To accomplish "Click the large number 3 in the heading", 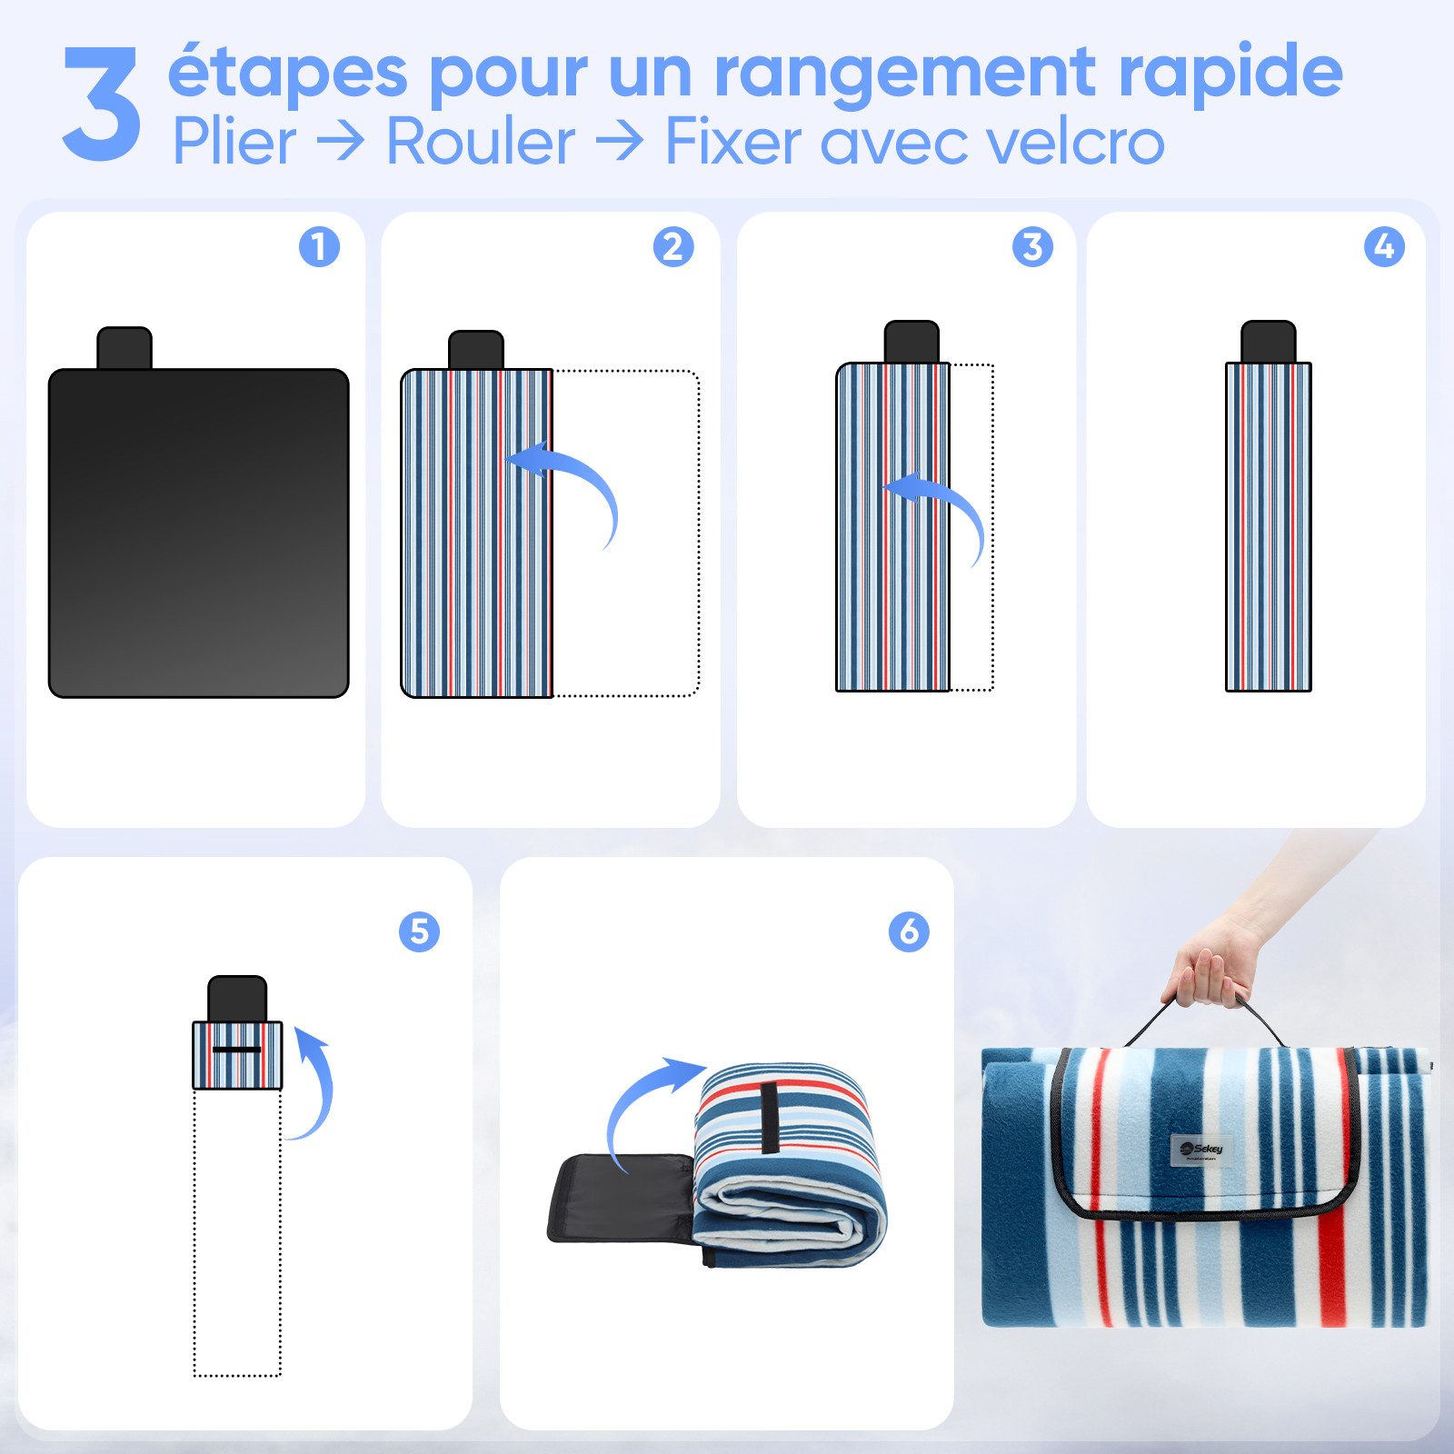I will (x=102, y=105).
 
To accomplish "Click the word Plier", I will (x=234, y=143).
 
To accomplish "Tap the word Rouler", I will (x=481, y=143).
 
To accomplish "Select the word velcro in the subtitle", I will (x=1073, y=143).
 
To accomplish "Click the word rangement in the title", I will (x=905, y=73).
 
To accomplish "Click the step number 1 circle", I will (x=319, y=246).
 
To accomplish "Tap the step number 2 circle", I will (x=673, y=246).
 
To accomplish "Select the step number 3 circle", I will (x=1032, y=246).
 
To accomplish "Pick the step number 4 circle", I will (x=1384, y=246).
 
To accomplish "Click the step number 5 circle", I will (x=419, y=931).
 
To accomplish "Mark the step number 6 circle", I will (x=909, y=931).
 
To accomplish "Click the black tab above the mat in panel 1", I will (x=124, y=348).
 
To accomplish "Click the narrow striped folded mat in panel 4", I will (x=1268, y=527).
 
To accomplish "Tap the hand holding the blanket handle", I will (x=1213, y=968).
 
